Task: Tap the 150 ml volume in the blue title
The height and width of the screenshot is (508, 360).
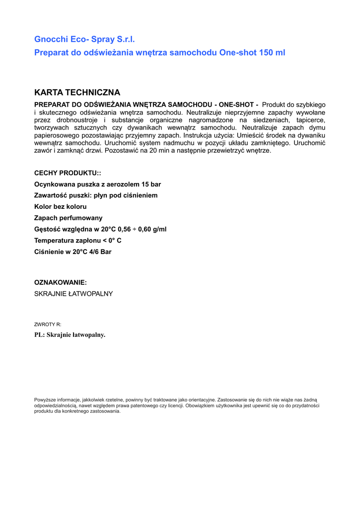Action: coord(272,53)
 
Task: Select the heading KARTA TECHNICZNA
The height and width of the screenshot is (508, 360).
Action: coord(77,93)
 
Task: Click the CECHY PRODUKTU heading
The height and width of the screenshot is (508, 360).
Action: coord(68,173)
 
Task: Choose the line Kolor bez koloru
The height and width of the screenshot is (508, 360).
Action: coord(60,206)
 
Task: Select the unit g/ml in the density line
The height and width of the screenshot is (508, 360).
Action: coord(159,229)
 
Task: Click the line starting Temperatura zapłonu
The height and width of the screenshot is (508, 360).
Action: coord(77,241)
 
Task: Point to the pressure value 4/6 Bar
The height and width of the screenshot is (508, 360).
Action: coord(99,252)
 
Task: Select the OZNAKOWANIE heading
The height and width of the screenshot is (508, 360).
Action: coord(61,282)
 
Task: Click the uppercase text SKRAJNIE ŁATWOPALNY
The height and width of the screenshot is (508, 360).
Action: coord(73,294)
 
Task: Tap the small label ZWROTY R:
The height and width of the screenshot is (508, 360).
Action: coord(48,324)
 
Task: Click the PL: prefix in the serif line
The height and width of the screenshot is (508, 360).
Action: coord(39,335)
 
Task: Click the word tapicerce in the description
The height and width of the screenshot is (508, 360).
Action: coord(311,120)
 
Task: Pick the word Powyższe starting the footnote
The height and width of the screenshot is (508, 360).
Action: coord(45,399)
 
